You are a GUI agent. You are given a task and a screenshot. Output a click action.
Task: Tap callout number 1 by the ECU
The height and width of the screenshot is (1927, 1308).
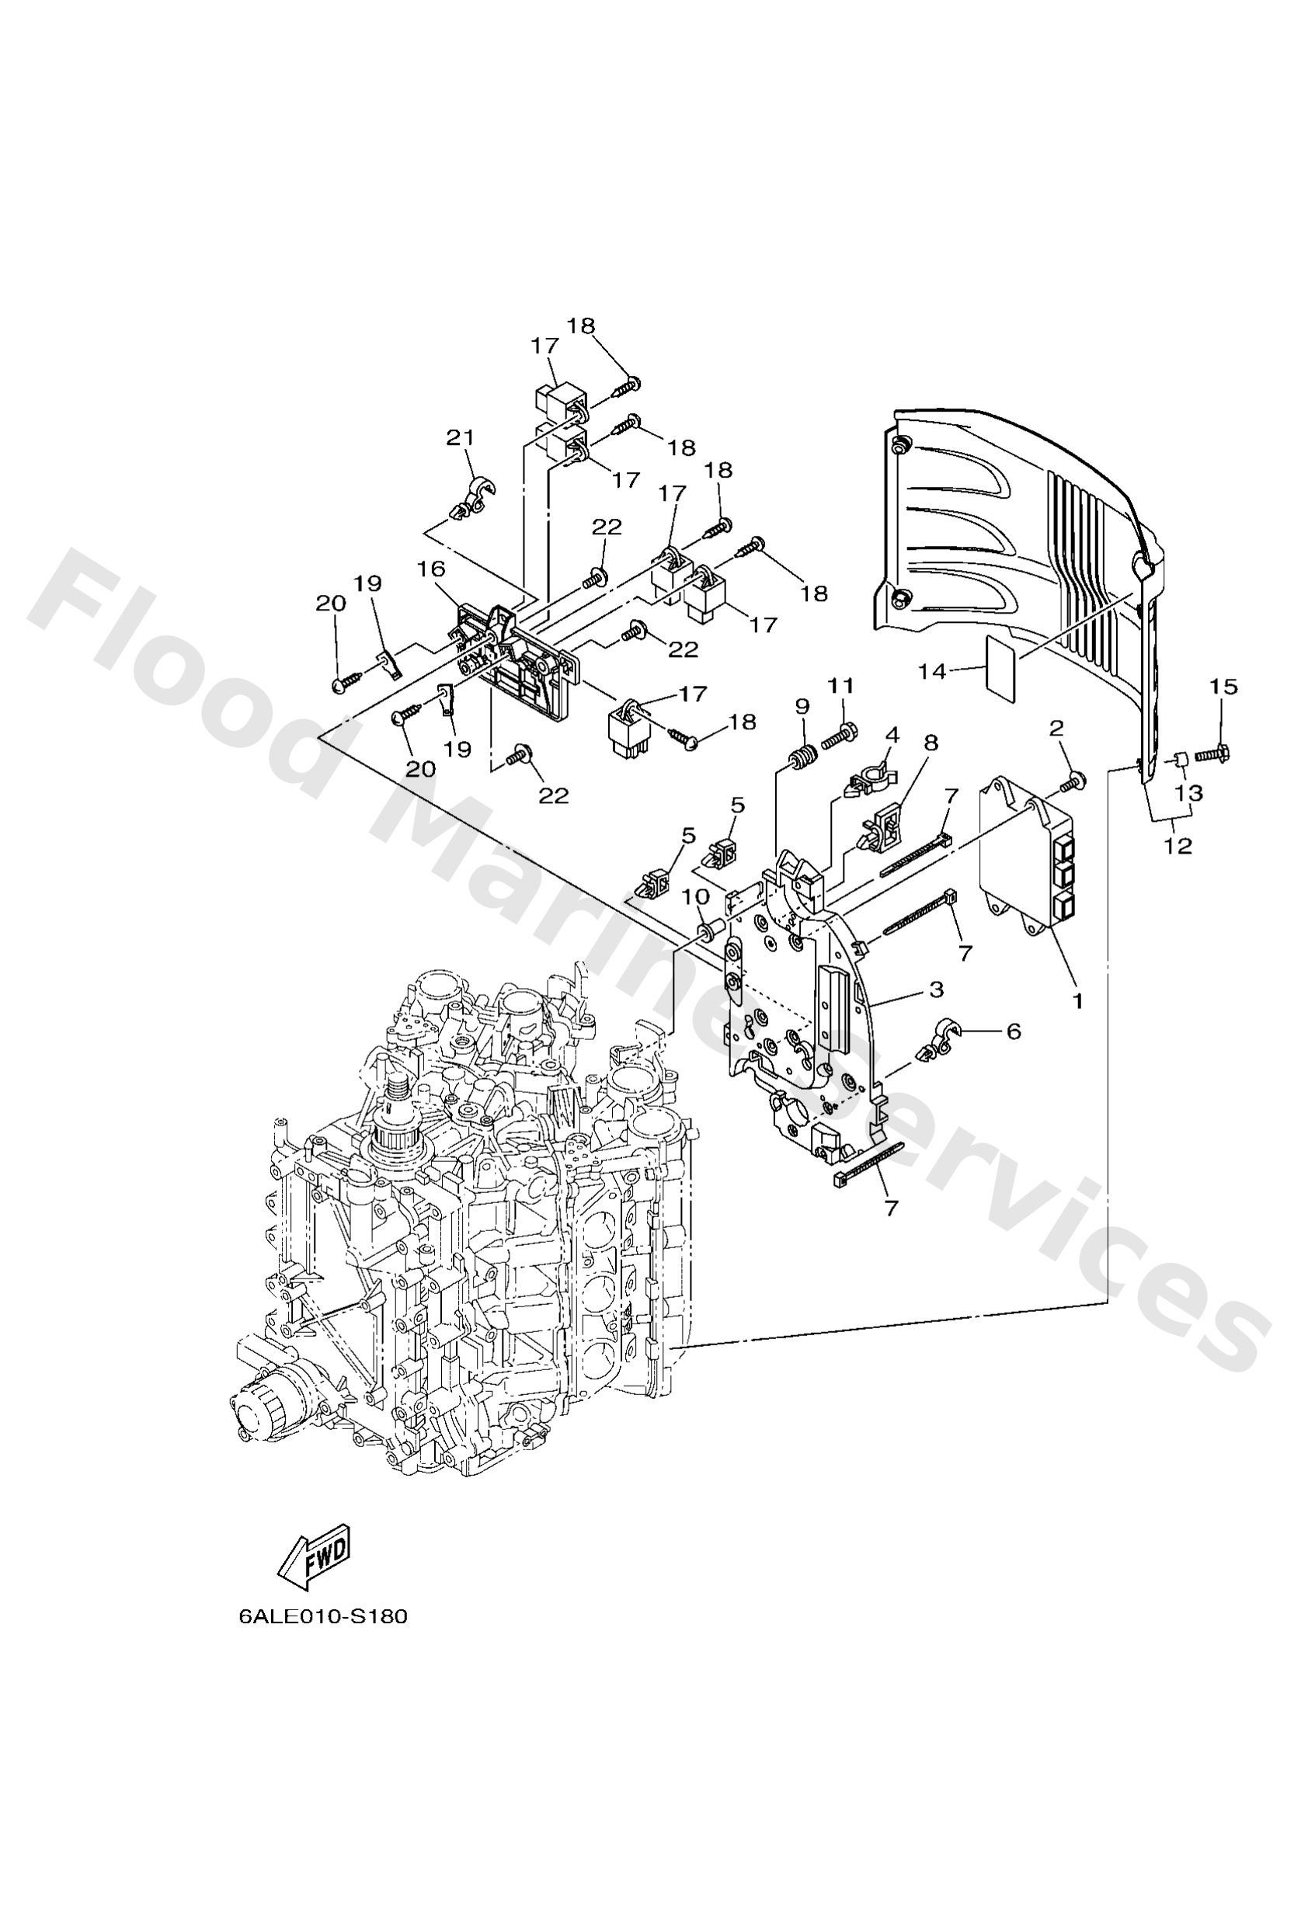pos(1077,1001)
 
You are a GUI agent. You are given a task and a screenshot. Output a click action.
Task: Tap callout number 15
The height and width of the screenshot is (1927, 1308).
pos(1223,687)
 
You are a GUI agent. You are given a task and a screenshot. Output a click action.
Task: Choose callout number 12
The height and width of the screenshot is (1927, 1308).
pos(1178,846)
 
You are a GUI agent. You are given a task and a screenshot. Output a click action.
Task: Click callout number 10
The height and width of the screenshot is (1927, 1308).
pos(696,896)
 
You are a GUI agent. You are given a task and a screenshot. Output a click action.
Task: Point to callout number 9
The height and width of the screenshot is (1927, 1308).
pos(802,707)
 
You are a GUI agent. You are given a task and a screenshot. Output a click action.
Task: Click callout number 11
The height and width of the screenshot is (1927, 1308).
pos(840,685)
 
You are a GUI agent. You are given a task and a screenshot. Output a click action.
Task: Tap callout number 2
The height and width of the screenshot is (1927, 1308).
pos(1056,728)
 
